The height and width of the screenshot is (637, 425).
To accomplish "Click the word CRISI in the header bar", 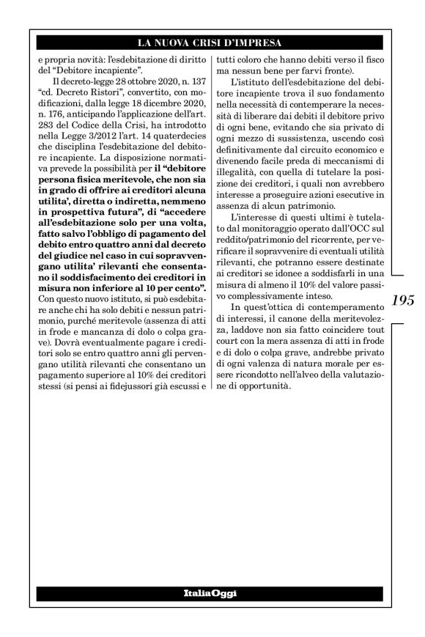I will click(218, 42).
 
